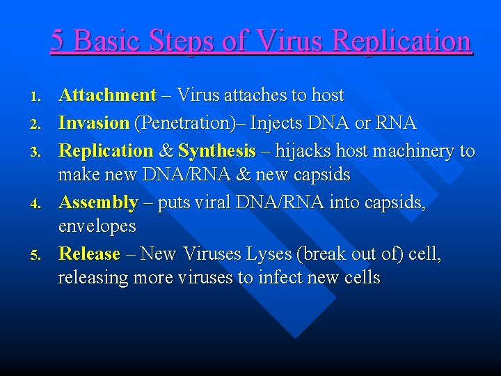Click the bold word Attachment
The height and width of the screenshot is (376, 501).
tap(107, 95)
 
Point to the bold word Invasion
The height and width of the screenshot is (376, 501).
tap(94, 123)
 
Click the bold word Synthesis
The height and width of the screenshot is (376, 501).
tap(217, 151)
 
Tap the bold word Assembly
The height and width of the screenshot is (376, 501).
tap(98, 203)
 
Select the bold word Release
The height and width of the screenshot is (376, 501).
tap(89, 253)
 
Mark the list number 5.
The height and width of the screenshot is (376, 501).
tap(40, 254)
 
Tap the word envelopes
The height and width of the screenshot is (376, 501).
tap(97, 226)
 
